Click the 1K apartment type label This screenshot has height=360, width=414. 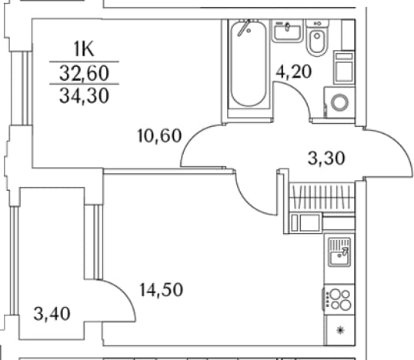pos(84,49)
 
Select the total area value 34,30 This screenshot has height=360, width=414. pos(84,95)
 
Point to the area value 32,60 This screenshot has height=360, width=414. pos(84,73)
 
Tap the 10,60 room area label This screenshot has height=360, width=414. pos(160,135)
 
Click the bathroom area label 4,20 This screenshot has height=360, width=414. pos(294,72)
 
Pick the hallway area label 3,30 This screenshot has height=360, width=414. pos(326,158)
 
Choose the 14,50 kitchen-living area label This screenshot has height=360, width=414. pos(161,290)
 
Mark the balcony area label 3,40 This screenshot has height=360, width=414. pos(52,314)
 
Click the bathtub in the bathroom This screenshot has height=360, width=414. pos(249,64)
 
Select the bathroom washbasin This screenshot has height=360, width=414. pos(287,31)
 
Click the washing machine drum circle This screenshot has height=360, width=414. pos(340,102)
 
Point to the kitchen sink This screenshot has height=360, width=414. pos(339,252)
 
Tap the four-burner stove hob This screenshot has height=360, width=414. pos(339,300)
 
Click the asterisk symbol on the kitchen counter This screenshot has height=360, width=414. pos(341,330)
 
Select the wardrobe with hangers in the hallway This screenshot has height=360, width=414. pos(322,197)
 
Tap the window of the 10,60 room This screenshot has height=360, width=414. pos(22,88)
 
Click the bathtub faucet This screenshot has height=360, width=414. pos(244,28)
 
